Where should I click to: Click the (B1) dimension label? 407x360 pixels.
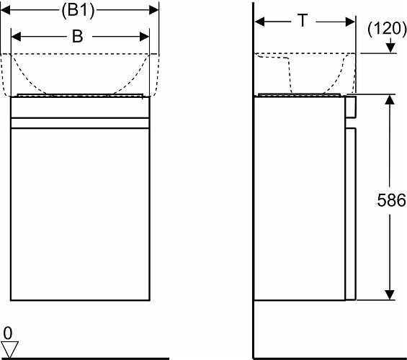78,10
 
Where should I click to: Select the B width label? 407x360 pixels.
77,36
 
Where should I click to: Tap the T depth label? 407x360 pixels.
303,20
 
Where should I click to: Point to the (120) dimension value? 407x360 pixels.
387,29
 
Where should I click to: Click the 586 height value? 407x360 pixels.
391,200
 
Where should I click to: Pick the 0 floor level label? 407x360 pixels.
8,333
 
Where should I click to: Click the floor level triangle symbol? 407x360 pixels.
9,349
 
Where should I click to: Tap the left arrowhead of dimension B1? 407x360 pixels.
6,10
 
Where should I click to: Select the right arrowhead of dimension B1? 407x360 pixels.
153,10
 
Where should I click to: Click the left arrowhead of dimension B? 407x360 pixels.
16,37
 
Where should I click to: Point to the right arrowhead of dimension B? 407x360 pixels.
144,37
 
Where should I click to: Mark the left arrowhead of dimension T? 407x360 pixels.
259,22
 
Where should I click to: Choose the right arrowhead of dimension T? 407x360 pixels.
350,22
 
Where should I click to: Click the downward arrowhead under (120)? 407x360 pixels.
390,48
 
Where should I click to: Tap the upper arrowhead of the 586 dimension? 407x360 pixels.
390,99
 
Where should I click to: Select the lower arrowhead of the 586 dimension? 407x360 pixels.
390,295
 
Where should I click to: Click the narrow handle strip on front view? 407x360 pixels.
80,123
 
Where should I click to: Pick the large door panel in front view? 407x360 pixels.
80,215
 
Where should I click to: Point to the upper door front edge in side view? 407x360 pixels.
351,107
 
